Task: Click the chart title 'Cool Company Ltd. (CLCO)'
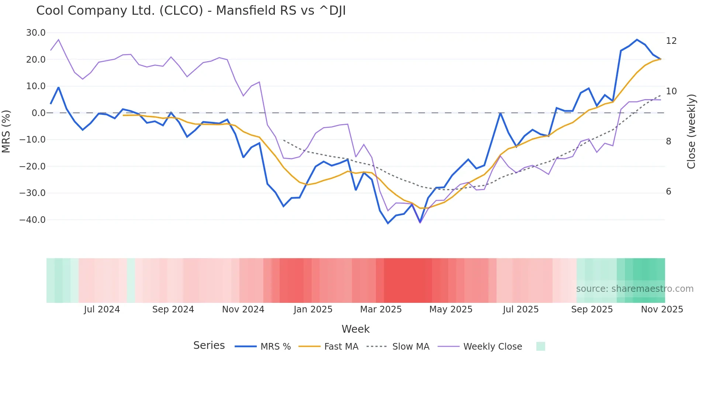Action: click(191, 11)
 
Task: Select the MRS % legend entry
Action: click(275, 347)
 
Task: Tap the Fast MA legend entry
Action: click(341, 347)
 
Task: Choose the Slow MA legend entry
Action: click(410, 347)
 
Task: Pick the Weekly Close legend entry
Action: click(492, 347)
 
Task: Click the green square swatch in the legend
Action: click(540, 346)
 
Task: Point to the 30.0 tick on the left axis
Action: click(36, 33)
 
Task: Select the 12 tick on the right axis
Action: click(671, 41)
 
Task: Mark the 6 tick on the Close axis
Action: click(668, 192)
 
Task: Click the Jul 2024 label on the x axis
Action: click(102, 309)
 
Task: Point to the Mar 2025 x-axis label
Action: click(381, 309)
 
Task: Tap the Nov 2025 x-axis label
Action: click(662, 309)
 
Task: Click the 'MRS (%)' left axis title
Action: click(6, 131)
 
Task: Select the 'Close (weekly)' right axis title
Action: click(691, 132)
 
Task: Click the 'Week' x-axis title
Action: click(355, 329)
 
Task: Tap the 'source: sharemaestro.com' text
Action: click(634, 289)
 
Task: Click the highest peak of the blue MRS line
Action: click(637, 39)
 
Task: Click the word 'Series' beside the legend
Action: click(209, 346)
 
